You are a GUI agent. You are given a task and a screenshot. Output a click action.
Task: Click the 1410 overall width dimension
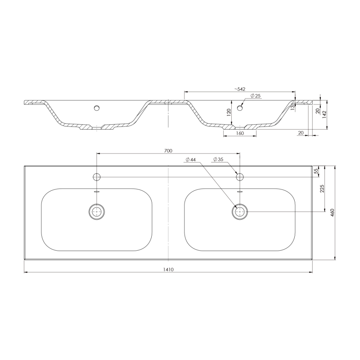[x=168, y=270]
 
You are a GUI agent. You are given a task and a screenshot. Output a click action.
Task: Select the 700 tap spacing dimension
[x=168, y=151]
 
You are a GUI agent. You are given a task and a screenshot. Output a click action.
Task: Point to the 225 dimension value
[x=322, y=189]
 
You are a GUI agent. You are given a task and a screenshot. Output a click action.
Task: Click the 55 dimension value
[x=316, y=171]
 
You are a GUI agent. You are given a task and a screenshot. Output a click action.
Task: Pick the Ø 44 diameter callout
[x=191, y=160]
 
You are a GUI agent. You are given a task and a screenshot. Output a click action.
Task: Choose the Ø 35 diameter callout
[x=218, y=159]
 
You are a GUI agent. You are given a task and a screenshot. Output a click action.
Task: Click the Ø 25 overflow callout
[x=255, y=96]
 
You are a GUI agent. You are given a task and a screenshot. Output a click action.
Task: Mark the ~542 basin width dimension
[x=240, y=89]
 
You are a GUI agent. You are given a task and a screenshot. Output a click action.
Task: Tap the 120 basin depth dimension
[x=229, y=112]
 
